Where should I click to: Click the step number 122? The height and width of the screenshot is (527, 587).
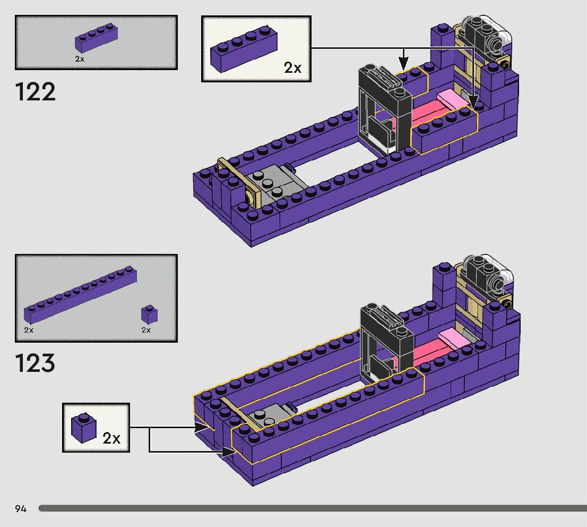(x=35, y=92)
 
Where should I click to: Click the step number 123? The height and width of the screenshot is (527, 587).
(x=35, y=363)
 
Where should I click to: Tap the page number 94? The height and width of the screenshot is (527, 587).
(x=21, y=508)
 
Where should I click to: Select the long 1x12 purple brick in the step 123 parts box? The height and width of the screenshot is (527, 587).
(x=80, y=295)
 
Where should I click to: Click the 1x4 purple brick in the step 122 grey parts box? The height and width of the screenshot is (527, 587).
(x=96, y=38)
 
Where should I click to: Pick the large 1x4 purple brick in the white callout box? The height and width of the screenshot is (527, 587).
(x=244, y=49)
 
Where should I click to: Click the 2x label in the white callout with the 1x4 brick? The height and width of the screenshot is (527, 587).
(x=292, y=68)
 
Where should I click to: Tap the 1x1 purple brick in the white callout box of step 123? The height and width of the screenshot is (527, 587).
(x=83, y=428)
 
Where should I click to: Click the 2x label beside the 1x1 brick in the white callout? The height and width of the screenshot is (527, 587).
(x=111, y=438)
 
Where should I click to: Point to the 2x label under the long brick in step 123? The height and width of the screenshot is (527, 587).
(x=29, y=330)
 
